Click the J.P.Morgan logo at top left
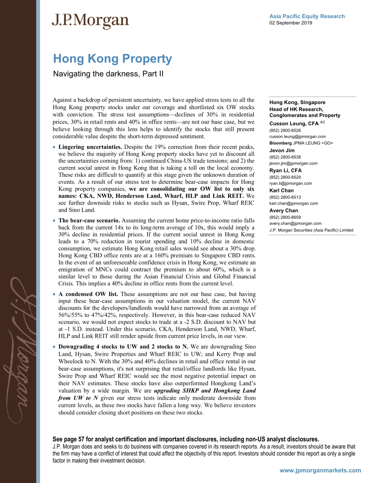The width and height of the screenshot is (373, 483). (x=90, y=21)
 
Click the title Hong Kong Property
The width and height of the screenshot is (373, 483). (x=113, y=59)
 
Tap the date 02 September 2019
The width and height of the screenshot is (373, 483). (x=291, y=23)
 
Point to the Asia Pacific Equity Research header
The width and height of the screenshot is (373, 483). (x=307, y=16)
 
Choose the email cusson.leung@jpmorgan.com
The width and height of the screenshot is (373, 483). (x=297, y=137)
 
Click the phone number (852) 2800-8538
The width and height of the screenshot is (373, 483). (x=285, y=157)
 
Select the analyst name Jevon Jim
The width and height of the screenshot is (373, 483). (x=282, y=150)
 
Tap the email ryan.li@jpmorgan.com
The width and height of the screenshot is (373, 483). (x=291, y=183)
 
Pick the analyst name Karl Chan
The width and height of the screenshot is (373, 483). (x=282, y=190)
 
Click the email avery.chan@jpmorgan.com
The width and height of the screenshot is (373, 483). (x=295, y=223)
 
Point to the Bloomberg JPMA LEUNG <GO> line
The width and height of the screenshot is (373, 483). (x=301, y=143)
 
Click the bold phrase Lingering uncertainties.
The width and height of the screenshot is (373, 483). (x=90, y=147)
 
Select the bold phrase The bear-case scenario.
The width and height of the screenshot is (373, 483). (x=88, y=220)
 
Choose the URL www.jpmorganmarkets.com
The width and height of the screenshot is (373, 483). (x=320, y=470)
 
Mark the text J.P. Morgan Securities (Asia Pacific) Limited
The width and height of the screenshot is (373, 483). (x=311, y=230)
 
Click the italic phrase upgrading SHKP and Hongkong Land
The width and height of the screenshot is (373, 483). (x=205, y=391)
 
